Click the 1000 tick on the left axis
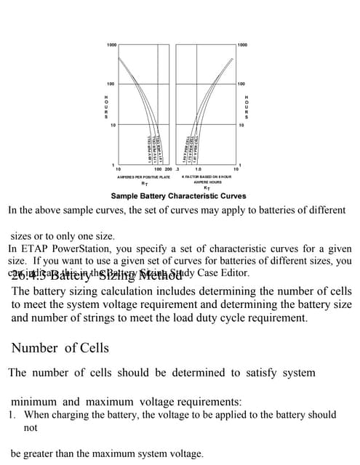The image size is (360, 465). tap(111, 45)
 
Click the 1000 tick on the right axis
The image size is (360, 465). tap(242, 45)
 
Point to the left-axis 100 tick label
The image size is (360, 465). tap(112, 85)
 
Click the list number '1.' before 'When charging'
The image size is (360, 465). tap(12, 415)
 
